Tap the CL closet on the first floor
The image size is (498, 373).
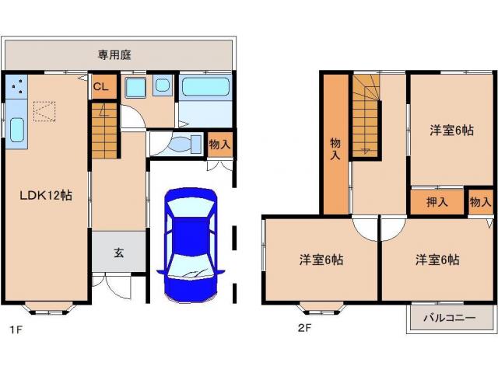100,86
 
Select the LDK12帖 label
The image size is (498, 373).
46,196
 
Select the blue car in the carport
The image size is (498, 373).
190,245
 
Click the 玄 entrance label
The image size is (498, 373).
119,252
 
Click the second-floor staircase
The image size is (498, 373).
366,117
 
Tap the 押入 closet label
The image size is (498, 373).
437,202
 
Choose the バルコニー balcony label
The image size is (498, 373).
450,318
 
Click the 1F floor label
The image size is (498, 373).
13,329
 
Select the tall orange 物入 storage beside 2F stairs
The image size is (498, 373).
335,144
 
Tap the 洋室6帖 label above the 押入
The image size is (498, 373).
451,131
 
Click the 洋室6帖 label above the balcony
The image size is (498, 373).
437,260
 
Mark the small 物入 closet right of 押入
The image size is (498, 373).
481,202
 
